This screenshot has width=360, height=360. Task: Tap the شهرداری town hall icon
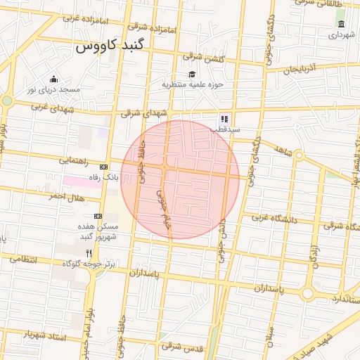click(x=341, y=24)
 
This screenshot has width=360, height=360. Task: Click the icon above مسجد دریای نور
click(x=53, y=79)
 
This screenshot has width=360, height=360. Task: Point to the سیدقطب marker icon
click(x=224, y=120)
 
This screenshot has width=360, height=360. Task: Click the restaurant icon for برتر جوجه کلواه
click(x=89, y=253)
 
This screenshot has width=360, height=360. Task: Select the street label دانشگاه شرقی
click(x=341, y=226)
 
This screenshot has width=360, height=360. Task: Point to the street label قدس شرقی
click(x=182, y=346)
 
